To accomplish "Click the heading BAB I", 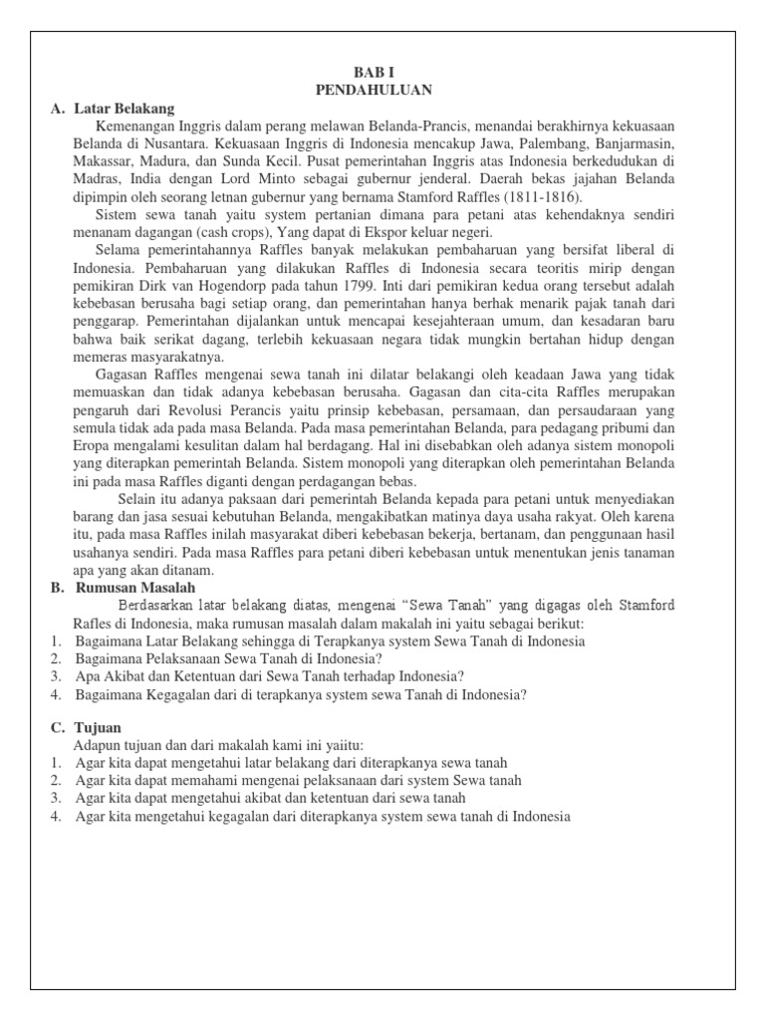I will click(x=374, y=72).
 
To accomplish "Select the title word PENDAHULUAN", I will click(x=374, y=90).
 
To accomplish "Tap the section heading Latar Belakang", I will click(x=124, y=108).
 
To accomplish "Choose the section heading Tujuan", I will click(x=98, y=728).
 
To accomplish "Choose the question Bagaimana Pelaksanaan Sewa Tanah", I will click(x=229, y=659).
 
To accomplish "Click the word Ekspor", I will click(x=367, y=232).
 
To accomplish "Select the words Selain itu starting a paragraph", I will click(x=153, y=499).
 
